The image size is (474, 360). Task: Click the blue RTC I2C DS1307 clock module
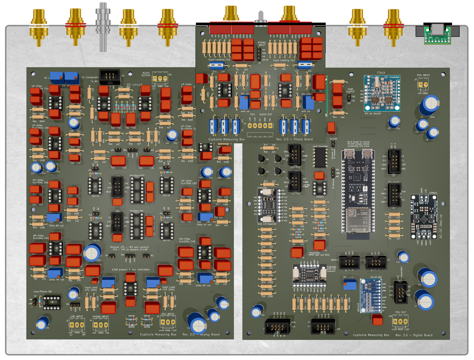[381, 93]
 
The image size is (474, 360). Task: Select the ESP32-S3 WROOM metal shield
[358, 219]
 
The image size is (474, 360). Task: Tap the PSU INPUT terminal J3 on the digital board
[423, 85]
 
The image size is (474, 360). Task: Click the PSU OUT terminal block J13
[400, 322]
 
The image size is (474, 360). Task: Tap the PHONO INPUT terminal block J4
[100, 325]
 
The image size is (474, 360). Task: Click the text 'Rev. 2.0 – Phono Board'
[294, 139]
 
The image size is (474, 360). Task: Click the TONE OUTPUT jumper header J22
[348, 97]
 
